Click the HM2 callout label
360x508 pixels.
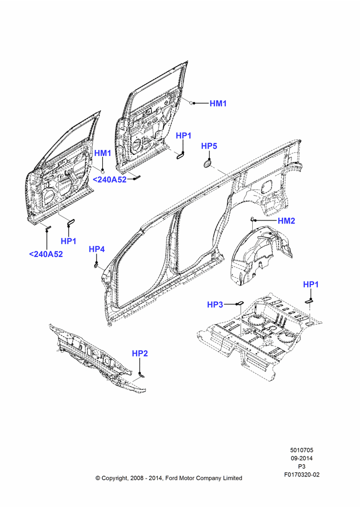pos(286,220)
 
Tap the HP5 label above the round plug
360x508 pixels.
pos(209,146)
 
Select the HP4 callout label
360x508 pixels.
pos(97,249)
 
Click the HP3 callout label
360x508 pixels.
pos(215,304)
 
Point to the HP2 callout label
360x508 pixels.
pos(140,354)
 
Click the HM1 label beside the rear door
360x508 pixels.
pos(218,104)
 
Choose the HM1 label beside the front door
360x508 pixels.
pos(103,153)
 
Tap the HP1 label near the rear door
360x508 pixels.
pos(184,136)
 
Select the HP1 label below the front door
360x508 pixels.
pos(69,241)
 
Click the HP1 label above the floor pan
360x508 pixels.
pos(311,284)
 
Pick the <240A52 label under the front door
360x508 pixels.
pos(46,255)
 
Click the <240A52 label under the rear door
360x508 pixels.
pos(110,179)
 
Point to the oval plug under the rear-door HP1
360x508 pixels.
pos(180,156)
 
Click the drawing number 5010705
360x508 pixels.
pos(302,450)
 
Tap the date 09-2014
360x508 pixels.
pos(302,458)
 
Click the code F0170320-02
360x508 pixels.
pos(302,474)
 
